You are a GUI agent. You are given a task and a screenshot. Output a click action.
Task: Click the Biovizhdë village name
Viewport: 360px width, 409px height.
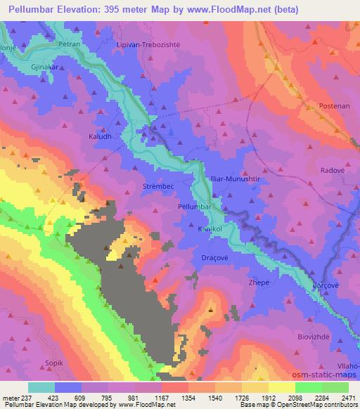[x=312, y=336]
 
